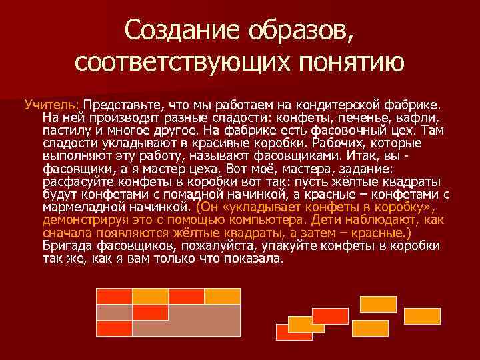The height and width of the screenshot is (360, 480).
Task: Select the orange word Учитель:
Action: pos(51,105)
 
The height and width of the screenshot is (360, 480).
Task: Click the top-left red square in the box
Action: pos(114,296)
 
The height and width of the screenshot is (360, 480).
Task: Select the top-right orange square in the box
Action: pos(222,296)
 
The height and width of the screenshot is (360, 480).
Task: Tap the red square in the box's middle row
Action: pos(150,312)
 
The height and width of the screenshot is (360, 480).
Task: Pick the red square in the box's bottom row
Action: pos(114,328)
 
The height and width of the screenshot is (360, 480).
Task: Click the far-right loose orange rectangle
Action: pos(421,315)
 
